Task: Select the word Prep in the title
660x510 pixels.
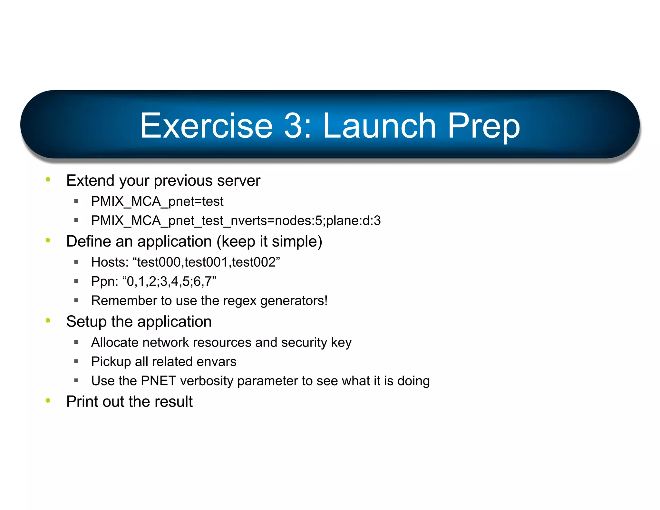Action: pyautogui.click(x=483, y=126)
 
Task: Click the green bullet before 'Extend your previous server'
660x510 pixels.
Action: pyautogui.click(x=48, y=180)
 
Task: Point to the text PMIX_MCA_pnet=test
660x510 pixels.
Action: pyautogui.click(x=157, y=201)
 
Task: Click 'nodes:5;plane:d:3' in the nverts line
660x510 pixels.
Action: pyautogui.click(x=327, y=221)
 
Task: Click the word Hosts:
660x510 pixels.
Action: pyautogui.click(x=110, y=262)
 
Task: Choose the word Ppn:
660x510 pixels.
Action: pyautogui.click(x=105, y=281)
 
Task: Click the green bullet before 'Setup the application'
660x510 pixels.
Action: pyautogui.click(x=48, y=320)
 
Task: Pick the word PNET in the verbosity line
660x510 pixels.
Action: pyautogui.click(x=158, y=381)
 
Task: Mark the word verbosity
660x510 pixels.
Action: pyautogui.click(x=207, y=381)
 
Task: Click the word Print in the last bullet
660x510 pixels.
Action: pyautogui.click(x=82, y=402)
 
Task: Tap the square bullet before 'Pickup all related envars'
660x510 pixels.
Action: pyautogui.click(x=76, y=362)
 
